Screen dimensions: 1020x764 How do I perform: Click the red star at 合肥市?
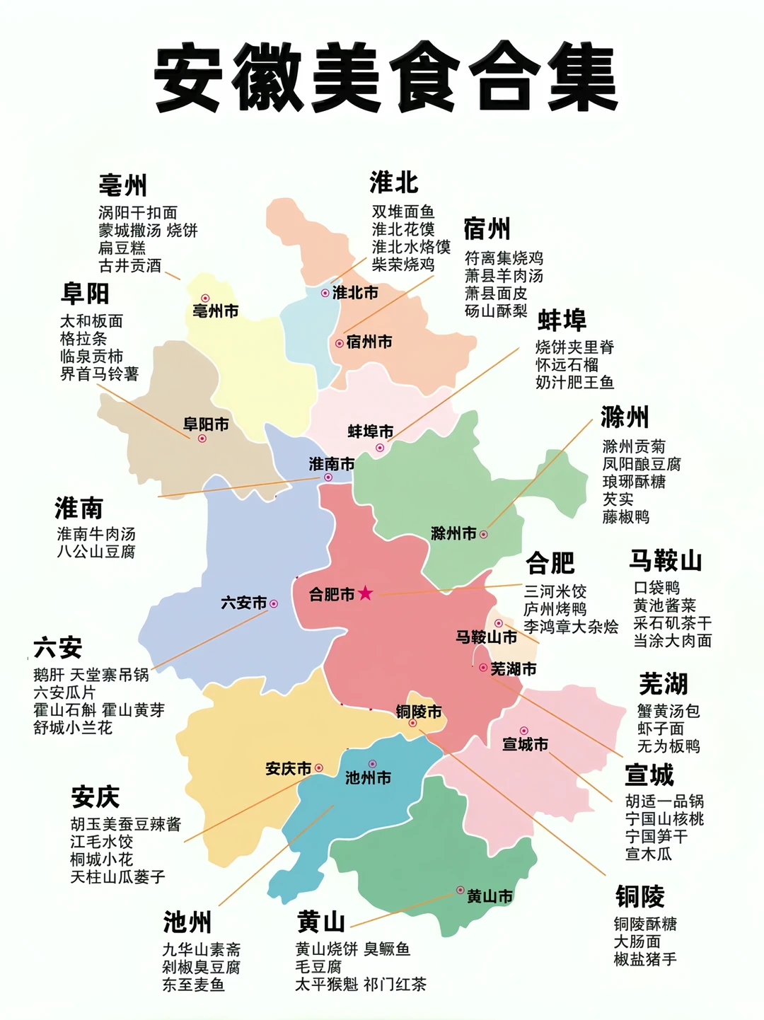(365, 593)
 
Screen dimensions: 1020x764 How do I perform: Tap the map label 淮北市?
(355, 292)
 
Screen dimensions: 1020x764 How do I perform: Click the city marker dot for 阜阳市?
(202, 439)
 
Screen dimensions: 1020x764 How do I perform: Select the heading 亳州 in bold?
(123, 185)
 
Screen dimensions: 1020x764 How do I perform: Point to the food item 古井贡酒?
(130, 266)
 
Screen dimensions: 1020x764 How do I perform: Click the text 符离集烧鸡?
(504, 258)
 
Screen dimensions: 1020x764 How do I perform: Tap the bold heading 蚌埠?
(562, 320)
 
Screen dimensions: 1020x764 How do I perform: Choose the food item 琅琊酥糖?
(634, 482)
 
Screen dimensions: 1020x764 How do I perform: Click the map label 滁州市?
(453, 534)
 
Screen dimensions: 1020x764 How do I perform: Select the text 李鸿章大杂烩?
(571, 627)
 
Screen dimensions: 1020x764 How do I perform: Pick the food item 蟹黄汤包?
(668, 711)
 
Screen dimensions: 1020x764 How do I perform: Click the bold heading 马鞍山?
(666, 561)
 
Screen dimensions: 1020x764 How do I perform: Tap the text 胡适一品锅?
(664, 801)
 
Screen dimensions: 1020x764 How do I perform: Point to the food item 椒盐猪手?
(645, 959)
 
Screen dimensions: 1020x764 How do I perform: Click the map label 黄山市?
(490, 896)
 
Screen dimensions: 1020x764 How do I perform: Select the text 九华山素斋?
(202, 949)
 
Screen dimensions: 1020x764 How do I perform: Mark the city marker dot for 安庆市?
(319, 768)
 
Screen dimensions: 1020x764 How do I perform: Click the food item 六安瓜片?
(64, 692)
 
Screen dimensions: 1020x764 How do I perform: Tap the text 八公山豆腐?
(96, 552)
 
